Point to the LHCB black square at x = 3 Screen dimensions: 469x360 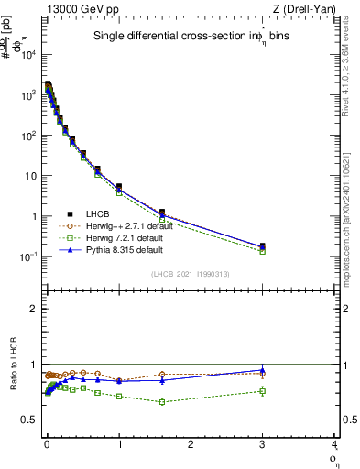click(263, 246)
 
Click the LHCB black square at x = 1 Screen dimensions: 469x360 click(119, 187)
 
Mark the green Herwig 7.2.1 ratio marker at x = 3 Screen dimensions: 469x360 click(263, 391)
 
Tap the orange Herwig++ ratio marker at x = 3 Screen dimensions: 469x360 click(263, 374)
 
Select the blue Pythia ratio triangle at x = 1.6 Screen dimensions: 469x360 click(162, 379)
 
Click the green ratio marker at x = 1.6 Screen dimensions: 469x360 click(162, 402)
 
